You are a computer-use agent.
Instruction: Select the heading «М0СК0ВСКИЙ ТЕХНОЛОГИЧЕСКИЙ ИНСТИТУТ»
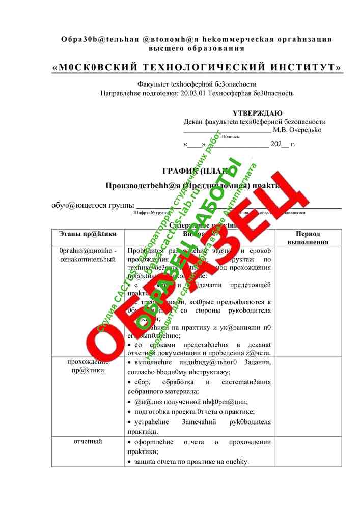point(197,68)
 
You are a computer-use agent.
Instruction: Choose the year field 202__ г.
point(283,144)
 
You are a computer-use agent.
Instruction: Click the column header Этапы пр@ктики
point(88,234)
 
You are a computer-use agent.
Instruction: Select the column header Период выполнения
point(308,238)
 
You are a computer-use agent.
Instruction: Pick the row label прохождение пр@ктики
point(88,366)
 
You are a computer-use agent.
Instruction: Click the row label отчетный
point(88,441)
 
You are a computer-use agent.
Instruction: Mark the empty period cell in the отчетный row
point(308,451)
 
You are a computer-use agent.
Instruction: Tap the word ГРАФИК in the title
point(179,171)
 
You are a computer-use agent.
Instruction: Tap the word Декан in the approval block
point(193,122)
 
